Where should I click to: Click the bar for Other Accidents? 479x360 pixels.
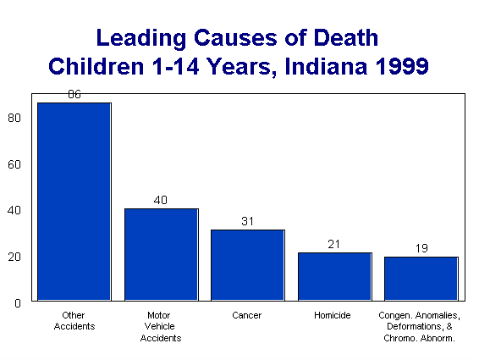pos(74,202)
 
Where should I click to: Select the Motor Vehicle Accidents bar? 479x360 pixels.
pos(161,254)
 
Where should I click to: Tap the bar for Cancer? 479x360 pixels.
pos(247,265)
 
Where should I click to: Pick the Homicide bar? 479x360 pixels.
pos(334,276)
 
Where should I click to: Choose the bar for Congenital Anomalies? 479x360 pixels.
pos(421,279)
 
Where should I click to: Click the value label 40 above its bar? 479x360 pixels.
pos(161,201)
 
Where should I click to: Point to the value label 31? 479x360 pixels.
pos(247,222)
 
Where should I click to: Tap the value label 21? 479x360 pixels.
pos(334,245)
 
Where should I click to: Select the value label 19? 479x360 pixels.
pos(421,249)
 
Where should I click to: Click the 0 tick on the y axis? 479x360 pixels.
pos(18,302)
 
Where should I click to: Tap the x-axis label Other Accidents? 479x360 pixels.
pos(74,320)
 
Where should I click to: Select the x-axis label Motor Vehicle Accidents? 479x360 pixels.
pos(161,326)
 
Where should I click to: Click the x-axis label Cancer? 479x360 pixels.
pos(247,315)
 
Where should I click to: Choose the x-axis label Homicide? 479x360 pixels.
pos(334,315)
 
